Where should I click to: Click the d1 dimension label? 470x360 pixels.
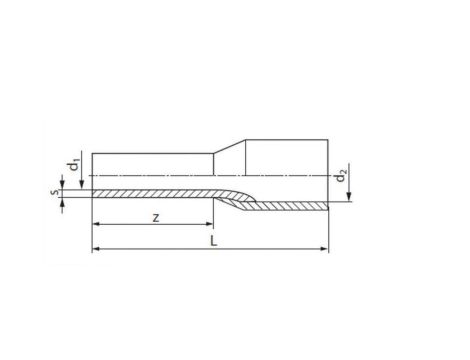(74, 166)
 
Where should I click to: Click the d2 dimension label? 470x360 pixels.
(341, 176)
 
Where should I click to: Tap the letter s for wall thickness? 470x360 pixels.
(56, 192)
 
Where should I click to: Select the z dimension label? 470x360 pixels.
(156, 218)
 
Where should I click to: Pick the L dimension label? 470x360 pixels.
(214, 241)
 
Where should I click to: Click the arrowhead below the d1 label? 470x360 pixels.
(82, 185)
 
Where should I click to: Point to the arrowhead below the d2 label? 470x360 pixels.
(349, 197)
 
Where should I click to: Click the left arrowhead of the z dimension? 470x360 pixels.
(96, 224)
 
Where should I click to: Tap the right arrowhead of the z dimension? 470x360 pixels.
(209, 224)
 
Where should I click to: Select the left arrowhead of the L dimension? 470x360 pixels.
(96, 249)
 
